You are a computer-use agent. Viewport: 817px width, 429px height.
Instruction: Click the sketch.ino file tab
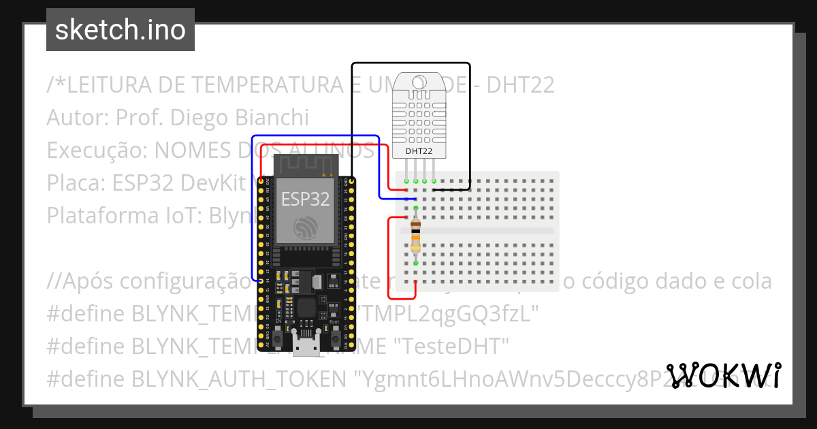click(x=121, y=30)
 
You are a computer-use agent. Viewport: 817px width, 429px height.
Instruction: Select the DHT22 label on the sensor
click(x=419, y=150)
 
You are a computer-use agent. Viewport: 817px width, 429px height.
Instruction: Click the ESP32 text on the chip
click(x=306, y=199)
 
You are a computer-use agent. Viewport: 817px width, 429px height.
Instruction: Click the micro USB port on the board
click(x=305, y=345)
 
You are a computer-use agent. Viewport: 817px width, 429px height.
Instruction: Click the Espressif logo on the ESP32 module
click(x=305, y=227)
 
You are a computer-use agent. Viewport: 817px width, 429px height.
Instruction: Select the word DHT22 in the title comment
click(x=521, y=85)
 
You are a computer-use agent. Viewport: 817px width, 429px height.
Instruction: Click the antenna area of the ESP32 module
click(x=306, y=165)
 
